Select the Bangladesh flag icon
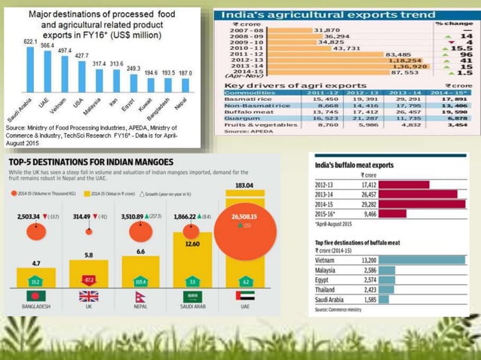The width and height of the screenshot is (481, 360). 35,297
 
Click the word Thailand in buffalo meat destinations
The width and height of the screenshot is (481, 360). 327,288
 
